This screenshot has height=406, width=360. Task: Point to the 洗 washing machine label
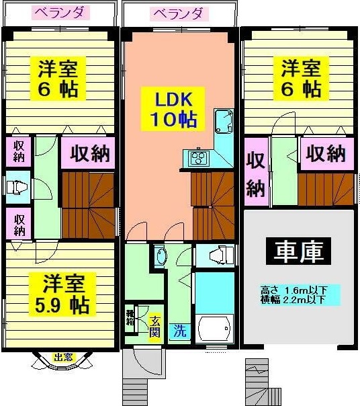coord(179,331)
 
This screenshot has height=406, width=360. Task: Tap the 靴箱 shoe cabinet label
coord(131,317)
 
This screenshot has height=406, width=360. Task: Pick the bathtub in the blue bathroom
coord(214,329)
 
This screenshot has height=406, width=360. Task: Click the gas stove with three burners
coord(198,159)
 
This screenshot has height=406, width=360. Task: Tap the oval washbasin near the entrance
coord(160,256)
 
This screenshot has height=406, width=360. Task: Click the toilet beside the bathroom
coord(217,255)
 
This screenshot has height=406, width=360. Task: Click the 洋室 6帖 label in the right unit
coord(300,79)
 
